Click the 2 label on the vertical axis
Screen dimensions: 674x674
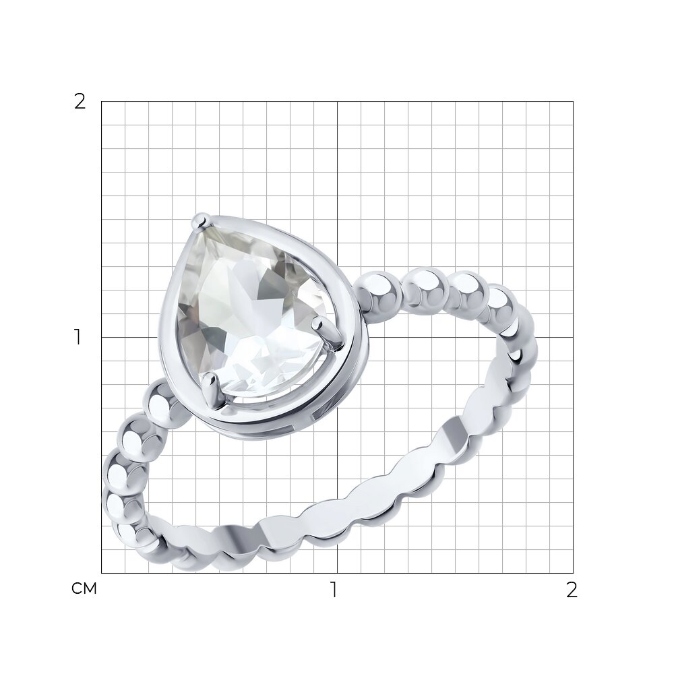coord(80,102)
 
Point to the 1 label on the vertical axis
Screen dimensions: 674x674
coord(78,338)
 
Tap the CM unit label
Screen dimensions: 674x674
coord(84,588)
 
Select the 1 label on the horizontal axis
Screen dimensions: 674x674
coord(334,590)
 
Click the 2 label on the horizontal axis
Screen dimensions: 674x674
coord(572,590)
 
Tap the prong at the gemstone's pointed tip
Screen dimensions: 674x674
coord(200,220)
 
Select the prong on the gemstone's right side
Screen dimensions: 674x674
coord(328,332)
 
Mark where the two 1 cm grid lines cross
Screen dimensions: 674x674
coord(338,338)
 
